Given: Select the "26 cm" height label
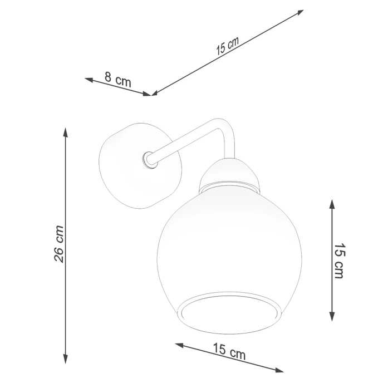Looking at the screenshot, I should coord(60,244).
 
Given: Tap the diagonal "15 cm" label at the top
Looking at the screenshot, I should coord(227,45).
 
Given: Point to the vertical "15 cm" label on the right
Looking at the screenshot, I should coord(340,261).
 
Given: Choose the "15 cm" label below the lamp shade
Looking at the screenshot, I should coord(229,350).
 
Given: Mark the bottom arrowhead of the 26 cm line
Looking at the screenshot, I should coord(66,359).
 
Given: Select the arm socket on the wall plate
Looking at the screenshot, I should coord(148,160).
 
